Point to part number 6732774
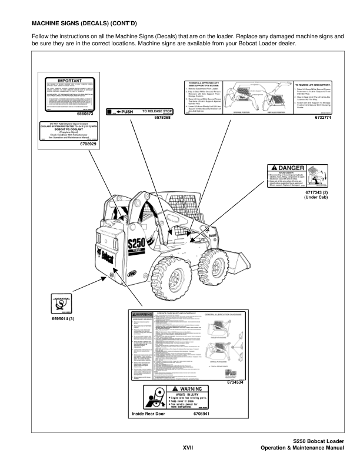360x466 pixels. [x=323, y=118]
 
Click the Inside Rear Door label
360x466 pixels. [x=149, y=415]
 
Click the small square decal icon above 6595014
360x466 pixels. [x=58, y=304]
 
